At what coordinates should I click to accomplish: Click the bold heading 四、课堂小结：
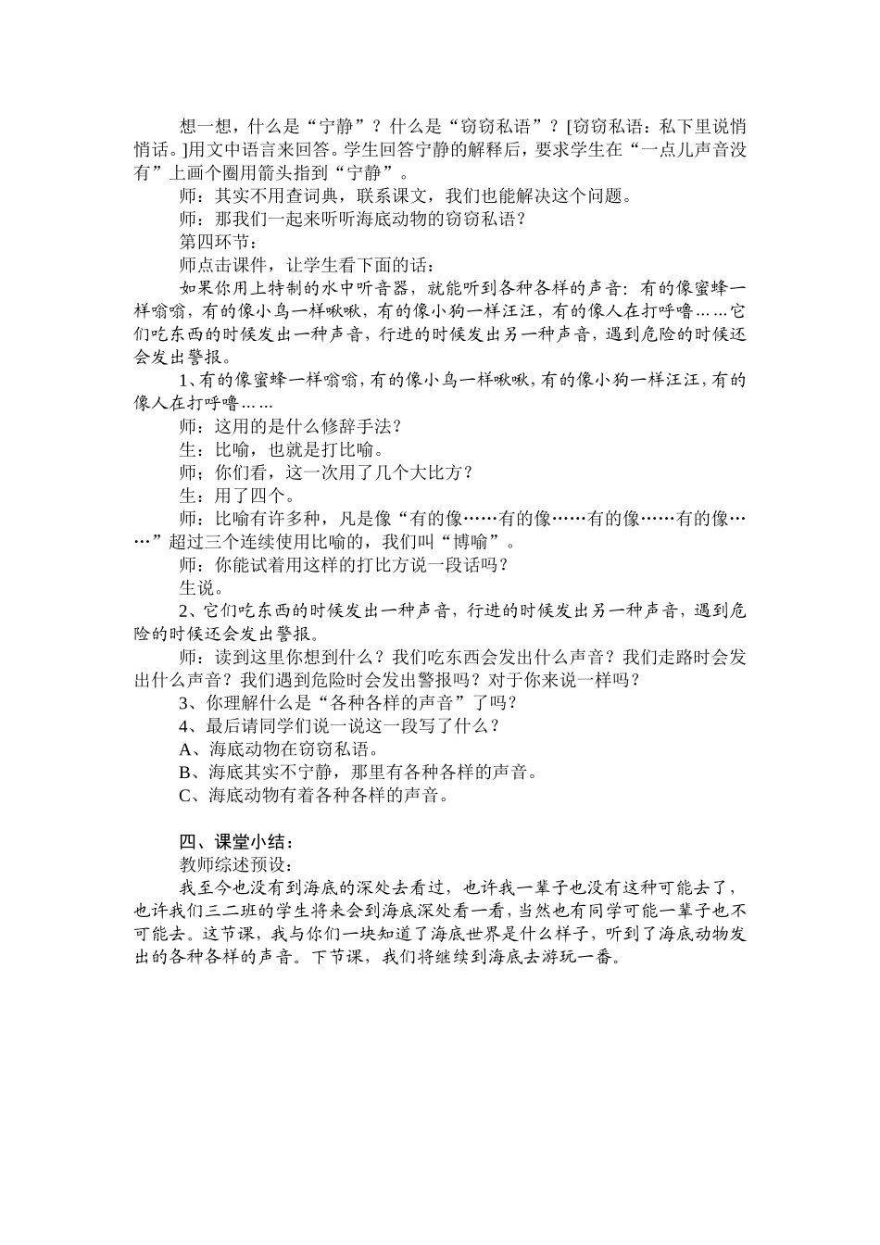click(237, 842)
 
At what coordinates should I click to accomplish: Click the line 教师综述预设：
click(237, 865)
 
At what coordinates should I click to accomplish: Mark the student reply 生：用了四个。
click(237, 496)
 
